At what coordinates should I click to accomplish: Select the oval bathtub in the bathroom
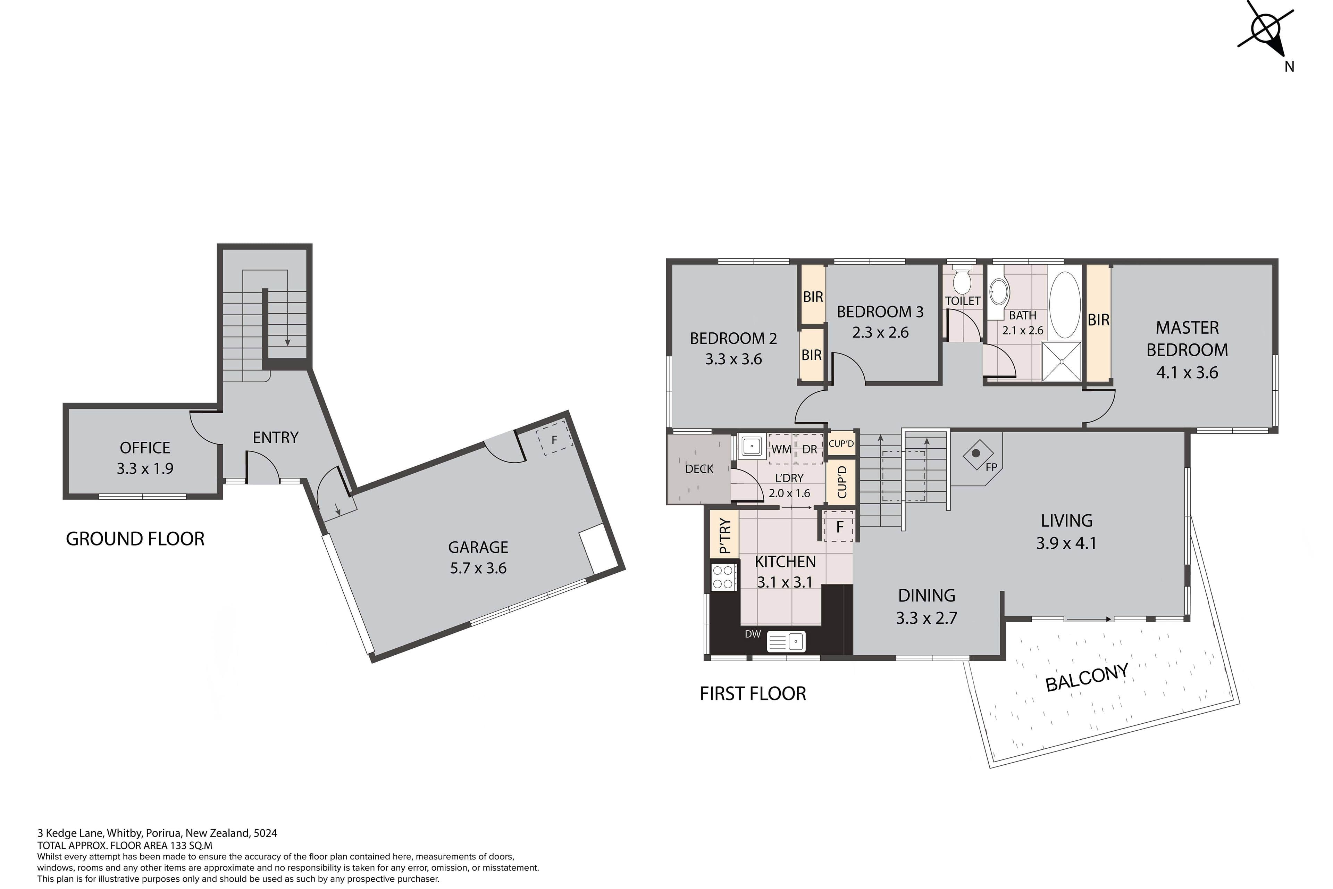(1065, 305)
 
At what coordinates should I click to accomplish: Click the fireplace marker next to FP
(976, 454)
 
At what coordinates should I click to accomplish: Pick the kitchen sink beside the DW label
(786, 641)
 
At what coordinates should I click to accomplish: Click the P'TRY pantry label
(724, 536)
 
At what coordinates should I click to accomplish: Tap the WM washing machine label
(781, 450)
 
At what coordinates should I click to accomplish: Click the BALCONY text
(1087, 678)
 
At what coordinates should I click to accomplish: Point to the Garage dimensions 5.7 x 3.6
(478, 568)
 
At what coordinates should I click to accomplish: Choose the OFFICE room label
(145, 448)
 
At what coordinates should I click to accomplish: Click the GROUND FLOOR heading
(135, 539)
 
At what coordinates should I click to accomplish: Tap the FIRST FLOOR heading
(753, 693)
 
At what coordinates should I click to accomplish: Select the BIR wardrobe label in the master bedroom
(1098, 320)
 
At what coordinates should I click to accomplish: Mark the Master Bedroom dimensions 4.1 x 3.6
(1187, 373)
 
